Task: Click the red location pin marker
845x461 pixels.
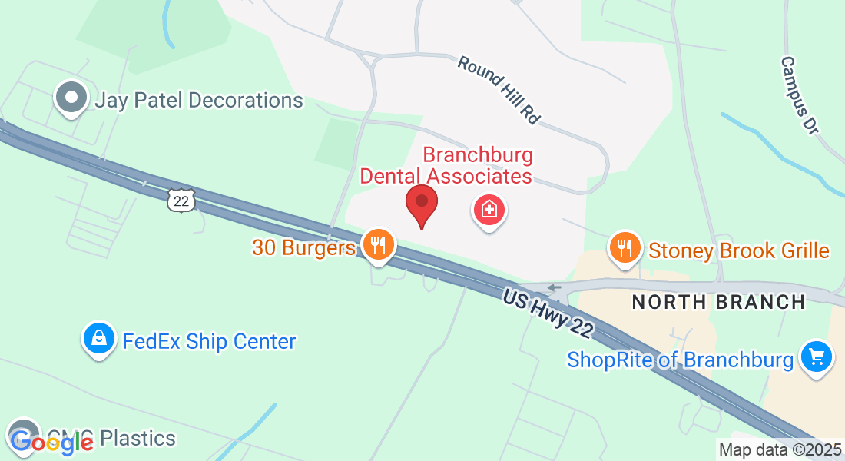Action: coord(421,204)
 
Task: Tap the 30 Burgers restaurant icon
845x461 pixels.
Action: coord(377,245)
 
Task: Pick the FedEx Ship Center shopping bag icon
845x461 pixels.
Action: coord(99,338)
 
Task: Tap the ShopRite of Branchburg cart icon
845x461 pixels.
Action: coord(817,357)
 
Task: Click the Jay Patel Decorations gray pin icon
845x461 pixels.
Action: coord(73,98)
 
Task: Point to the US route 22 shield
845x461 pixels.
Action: coord(181,201)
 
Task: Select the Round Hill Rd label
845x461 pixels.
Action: coord(499,89)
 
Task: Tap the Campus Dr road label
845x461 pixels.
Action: coord(799,95)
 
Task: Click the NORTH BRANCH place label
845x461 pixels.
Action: coord(718,302)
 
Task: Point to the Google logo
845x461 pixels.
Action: coord(51,441)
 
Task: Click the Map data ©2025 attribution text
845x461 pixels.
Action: coord(780,449)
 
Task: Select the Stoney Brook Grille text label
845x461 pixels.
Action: coord(739,250)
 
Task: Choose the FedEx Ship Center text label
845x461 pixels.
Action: coord(209,341)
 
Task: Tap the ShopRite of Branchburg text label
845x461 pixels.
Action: coord(680,360)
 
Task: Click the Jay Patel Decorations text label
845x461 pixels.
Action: coord(198,101)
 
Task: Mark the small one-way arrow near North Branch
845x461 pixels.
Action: coord(554,288)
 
